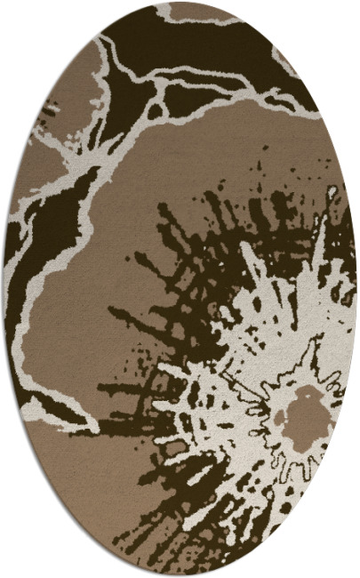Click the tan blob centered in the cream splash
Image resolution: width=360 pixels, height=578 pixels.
pos(307,414)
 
